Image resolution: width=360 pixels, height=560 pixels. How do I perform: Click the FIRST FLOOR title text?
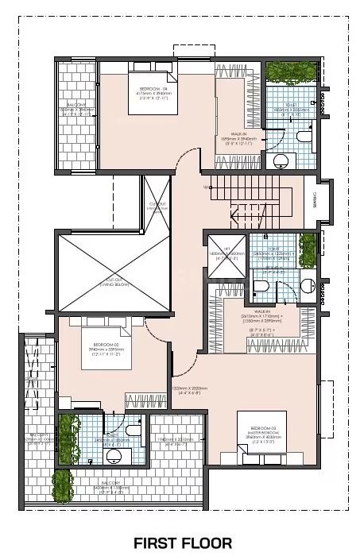[182, 543]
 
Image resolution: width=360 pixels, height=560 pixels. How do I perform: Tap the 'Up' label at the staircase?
[206, 187]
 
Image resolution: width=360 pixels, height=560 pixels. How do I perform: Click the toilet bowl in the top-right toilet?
[304, 136]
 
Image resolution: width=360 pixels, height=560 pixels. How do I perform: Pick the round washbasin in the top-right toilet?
[281, 160]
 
